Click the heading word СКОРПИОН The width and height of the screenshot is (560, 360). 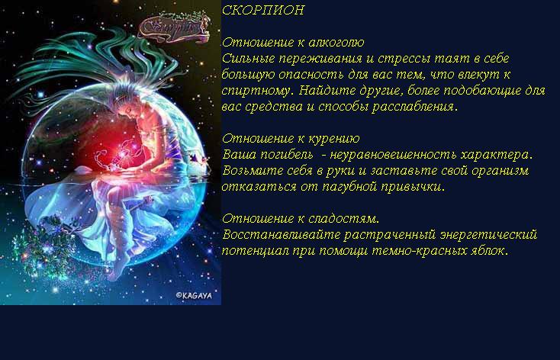[x=263, y=10]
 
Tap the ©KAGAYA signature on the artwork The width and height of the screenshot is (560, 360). [x=194, y=295]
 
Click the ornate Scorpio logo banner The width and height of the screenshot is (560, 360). [x=173, y=27]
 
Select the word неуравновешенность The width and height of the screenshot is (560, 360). [x=393, y=155]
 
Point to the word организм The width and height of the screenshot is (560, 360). [x=500, y=171]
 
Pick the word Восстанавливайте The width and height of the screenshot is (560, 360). [x=281, y=235]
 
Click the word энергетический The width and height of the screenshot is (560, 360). [x=488, y=235]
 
